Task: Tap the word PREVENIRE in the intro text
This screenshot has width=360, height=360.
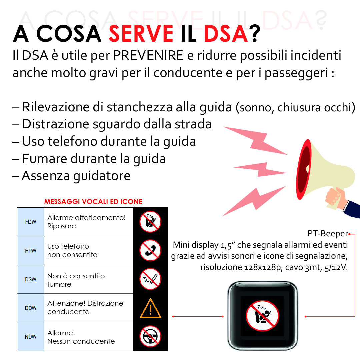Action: pos(148,55)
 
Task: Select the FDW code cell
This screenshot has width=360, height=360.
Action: pos(31,222)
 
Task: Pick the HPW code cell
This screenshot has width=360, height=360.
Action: pos(31,251)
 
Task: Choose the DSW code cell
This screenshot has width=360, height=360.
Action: pos(31,279)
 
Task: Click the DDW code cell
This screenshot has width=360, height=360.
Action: pos(31,308)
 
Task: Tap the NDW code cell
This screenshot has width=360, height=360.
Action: pos(31,337)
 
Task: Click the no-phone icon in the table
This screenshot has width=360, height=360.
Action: pos(150,250)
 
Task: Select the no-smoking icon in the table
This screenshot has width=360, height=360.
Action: pos(150,279)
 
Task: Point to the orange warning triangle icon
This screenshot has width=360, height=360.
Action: pos(150,308)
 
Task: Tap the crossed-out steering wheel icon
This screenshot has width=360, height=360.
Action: pos(150,336)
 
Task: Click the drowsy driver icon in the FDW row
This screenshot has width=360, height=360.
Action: pos(150,221)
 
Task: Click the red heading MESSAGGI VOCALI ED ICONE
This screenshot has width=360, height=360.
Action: pos(93,202)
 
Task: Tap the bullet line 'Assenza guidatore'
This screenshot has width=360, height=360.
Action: pos(76,175)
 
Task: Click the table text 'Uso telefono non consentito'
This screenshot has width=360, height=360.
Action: pos(72,250)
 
